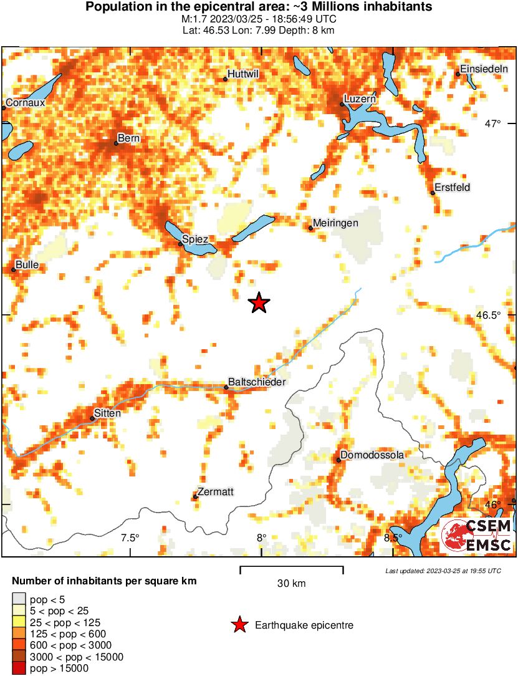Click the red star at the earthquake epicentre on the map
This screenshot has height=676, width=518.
point(259,303)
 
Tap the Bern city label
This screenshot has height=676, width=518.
point(129,138)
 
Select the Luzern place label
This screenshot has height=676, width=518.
point(360,99)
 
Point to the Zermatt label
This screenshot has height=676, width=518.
point(216,491)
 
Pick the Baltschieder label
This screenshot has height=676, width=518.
point(257,382)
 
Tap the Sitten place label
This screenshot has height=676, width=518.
point(107,413)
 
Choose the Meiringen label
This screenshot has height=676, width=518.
point(337,223)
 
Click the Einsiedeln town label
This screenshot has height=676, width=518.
point(484,69)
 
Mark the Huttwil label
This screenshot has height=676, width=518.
point(243,74)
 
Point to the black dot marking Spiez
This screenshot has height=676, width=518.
point(181,244)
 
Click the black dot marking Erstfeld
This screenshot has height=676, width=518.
point(433,193)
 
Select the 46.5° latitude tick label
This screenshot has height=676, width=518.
point(488,316)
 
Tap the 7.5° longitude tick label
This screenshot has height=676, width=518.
point(130,538)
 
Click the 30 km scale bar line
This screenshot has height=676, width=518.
point(292,567)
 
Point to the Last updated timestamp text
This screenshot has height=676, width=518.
point(443,571)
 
